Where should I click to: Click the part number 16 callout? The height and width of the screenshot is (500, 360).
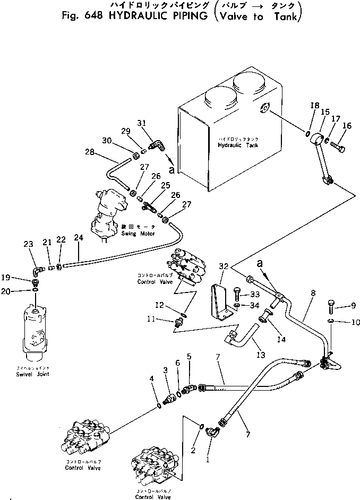coord(347,126)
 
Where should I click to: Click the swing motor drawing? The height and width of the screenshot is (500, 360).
coord(112,210)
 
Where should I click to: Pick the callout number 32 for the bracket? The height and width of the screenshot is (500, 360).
coord(223,266)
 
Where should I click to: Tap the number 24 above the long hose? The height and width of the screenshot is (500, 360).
coord(79,238)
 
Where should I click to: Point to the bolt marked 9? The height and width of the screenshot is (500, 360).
coord(330,306)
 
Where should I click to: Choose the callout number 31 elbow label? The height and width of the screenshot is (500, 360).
coord(141,124)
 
